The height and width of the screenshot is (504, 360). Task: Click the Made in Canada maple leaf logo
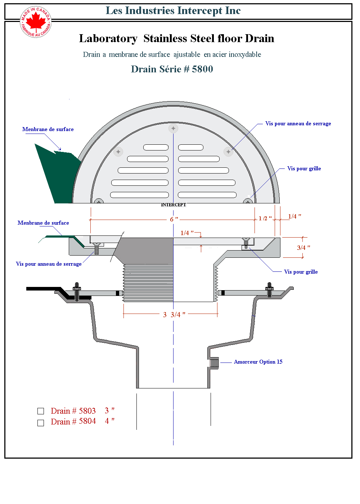pyautogui.click(x=36, y=22)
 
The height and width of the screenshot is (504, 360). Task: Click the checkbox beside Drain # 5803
pyautogui.click(x=41, y=411)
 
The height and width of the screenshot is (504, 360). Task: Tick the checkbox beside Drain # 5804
pyautogui.click(x=41, y=423)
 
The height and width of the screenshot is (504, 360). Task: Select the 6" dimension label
pyautogui.click(x=174, y=219)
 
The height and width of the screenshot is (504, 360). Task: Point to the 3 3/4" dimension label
pyautogui.click(x=174, y=315)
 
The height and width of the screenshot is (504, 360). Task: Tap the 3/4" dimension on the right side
pyautogui.click(x=303, y=248)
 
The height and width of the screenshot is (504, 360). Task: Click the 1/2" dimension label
pyautogui.click(x=265, y=219)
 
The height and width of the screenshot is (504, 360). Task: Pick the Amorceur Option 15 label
pyautogui.click(x=258, y=362)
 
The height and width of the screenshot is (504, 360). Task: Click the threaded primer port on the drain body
pyautogui.click(x=214, y=363)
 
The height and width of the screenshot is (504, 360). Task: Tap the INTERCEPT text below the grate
pyautogui.click(x=174, y=205)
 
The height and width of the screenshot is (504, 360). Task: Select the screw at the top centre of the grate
pyautogui.click(x=173, y=128)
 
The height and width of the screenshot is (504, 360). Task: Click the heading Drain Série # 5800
pyautogui.click(x=172, y=69)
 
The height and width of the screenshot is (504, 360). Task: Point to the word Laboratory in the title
pyautogui.click(x=108, y=39)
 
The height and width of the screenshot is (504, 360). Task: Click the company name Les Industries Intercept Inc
pyautogui.click(x=173, y=11)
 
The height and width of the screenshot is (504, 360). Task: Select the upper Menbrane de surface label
pyautogui.click(x=48, y=129)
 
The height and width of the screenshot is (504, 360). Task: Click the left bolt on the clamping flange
pyautogui.click(x=77, y=291)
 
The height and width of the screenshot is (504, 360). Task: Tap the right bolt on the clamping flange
pyautogui.click(x=269, y=290)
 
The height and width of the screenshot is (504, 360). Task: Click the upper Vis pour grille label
pyautogui.click(x=304, y=168)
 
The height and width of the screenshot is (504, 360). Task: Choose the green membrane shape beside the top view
pyautogui.click(x=58, y=173)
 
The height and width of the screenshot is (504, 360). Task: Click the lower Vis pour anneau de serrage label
pyautogui.click(x=49, y=264)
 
